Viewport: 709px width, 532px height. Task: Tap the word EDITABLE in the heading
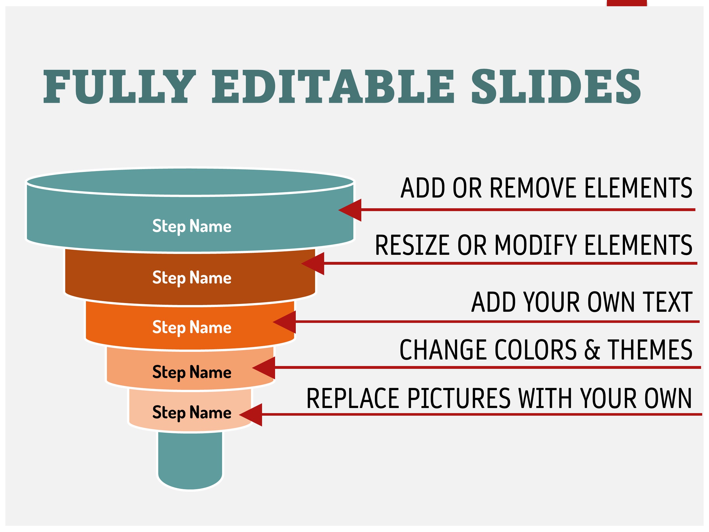(x=333, y=87)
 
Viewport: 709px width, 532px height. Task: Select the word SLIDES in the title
(x=556, y=87)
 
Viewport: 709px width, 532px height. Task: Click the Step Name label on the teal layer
(x=192, y=226)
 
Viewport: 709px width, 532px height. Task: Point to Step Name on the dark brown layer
(x=192, y=278)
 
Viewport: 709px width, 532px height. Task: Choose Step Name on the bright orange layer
(x=192, y=327)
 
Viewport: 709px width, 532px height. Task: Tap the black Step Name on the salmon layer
(x=192, y=372)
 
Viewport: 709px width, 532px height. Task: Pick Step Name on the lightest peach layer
(x=192, y=413)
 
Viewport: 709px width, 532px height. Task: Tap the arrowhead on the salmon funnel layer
(x=264, y=368)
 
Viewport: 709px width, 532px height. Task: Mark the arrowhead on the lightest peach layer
(x=251, y=415)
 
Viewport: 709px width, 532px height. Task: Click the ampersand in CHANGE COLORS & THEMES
(x=592, y=350)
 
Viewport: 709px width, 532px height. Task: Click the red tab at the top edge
(x=627, y=3)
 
